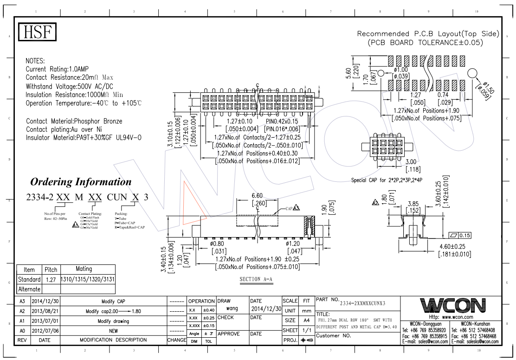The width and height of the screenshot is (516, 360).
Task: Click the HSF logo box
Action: click(37, 32)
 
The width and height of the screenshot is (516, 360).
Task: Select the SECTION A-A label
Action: click(256, 279)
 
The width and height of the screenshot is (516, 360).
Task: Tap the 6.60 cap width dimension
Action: click(258, 196)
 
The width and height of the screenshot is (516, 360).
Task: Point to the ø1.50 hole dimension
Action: click(487, 88)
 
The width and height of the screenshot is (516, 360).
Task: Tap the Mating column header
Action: click(84, 269)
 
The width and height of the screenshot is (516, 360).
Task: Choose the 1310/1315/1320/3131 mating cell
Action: click(84, 279)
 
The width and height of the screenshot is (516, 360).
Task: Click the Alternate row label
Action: click(29, 289)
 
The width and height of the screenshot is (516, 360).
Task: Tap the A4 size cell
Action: click(306, 321)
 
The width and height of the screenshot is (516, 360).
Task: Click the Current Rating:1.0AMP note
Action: click(57, 69)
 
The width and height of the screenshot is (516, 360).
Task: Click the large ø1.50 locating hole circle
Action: click(472, 73)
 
